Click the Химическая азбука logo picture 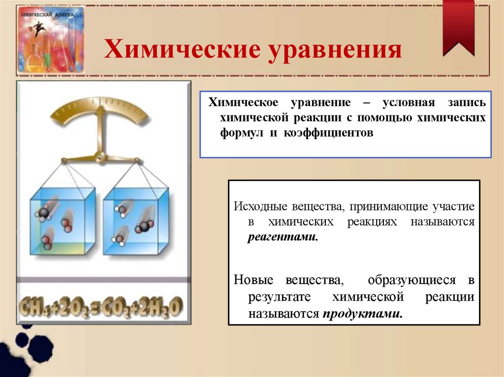pos(50,40)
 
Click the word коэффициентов pos(328,133)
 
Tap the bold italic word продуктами pos(362,313)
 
